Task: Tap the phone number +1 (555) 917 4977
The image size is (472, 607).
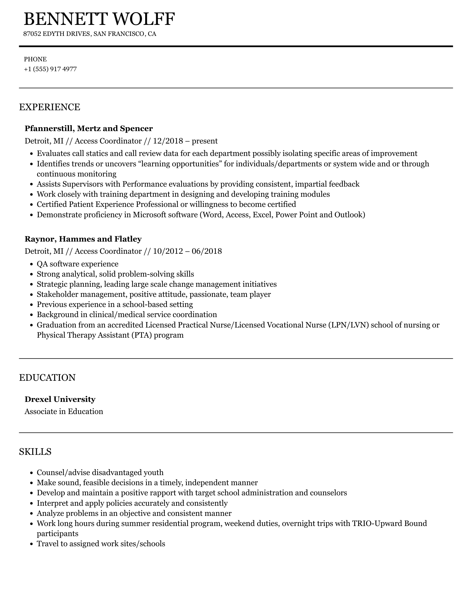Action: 50,69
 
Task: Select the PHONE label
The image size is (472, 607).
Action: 35,59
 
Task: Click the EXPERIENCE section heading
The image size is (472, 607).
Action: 50,107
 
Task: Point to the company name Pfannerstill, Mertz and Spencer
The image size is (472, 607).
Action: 89,128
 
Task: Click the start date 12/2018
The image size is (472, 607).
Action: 168,141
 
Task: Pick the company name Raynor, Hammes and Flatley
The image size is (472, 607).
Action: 83,239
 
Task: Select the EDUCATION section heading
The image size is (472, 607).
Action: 47,378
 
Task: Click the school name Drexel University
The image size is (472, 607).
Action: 60,399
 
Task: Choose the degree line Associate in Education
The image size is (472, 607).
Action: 64,411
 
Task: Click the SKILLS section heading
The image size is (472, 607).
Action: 35,452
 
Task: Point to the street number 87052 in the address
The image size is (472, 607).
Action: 33,34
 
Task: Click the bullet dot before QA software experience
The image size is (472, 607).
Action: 32,264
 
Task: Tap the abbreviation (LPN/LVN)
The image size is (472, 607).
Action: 348,325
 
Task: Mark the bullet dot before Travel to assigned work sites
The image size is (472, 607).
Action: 32,544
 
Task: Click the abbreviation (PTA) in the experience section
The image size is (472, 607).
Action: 140,335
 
